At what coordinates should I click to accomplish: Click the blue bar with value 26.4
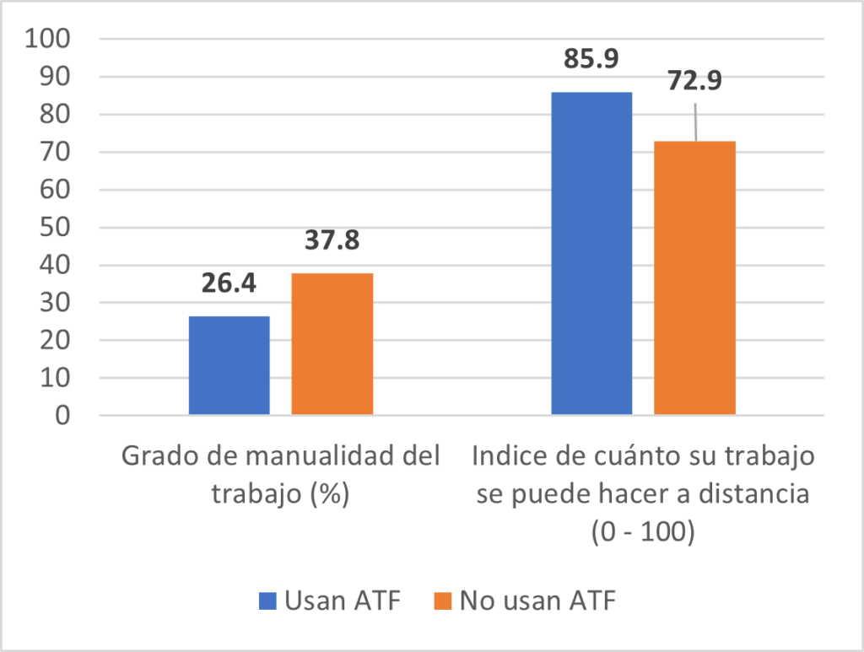click(x=229, y=365)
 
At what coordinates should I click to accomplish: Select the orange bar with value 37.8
click(x=332, y=343)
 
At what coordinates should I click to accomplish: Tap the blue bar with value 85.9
click(x=591, y=253)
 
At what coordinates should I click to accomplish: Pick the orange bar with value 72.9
click(x=695, y=278)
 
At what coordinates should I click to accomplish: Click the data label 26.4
click(x=229, y=283)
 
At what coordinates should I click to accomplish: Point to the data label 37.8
click(x=332, y=240)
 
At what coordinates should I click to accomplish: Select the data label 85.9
click(x=591, y=59)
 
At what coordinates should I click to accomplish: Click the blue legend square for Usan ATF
click(x=267, y=601)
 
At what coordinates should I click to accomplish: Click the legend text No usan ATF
click(x=537, y=601)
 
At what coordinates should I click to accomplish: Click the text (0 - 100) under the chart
click(x=643, y=534)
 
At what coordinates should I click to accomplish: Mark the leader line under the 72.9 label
click(x=695, y=122)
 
